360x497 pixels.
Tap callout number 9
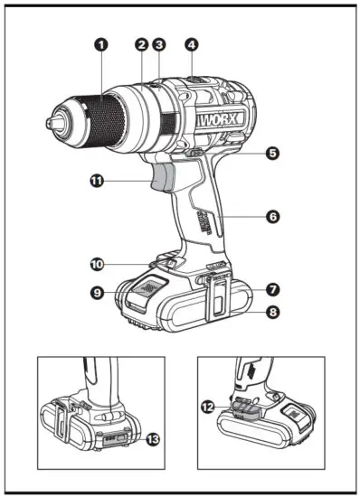pos(98,291)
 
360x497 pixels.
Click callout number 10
pos(98,264)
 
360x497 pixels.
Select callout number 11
pos(98,181)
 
